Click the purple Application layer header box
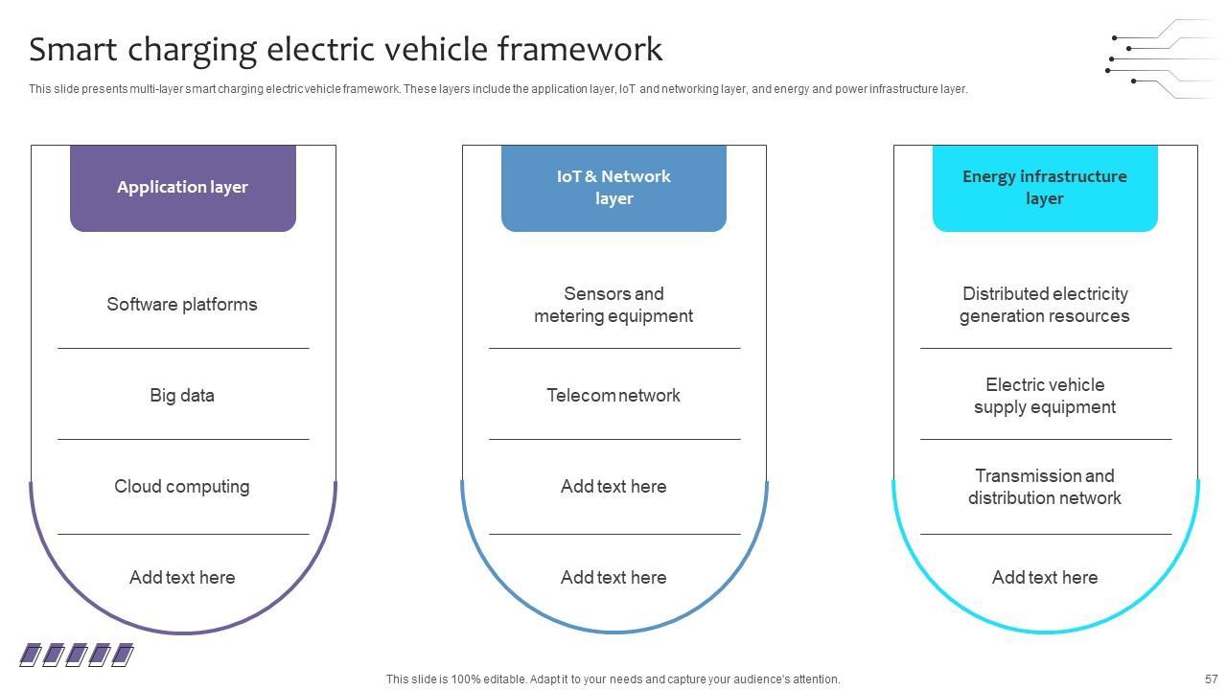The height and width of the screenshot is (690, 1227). (x=182, y=188)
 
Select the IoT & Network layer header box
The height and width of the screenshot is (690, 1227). (x=613, y=188)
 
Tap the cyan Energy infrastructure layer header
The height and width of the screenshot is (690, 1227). (x=1045, y=188)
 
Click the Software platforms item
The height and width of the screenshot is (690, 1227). (x=182, y=305)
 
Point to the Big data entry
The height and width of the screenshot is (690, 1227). (x=182, y=396)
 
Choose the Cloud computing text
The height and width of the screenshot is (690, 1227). (x=182, y=487)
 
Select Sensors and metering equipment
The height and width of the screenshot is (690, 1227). (x=613, y=305)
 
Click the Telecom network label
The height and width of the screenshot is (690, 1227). (x=613, y=396)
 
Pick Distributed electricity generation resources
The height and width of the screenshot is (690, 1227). (x=1045, y=305)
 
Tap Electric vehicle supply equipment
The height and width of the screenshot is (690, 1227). (x=1045, y=396)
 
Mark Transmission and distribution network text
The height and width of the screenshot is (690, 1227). (x=1045, y=487)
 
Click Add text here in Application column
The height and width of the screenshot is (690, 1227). (x=182, y=578)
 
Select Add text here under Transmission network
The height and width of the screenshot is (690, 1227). (x=1045, y=578)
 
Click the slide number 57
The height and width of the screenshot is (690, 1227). (x=1211, y=679)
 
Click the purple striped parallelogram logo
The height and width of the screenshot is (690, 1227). (x=77, y=655)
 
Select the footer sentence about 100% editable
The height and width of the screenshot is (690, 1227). (x=613, y=679)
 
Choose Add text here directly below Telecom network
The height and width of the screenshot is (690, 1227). (x=613, y=487)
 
